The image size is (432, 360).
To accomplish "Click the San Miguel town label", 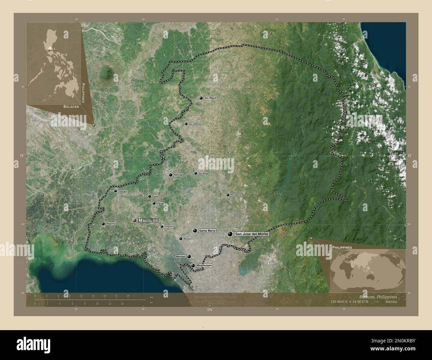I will [210, 98].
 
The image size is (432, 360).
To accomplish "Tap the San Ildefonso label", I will [195, 124].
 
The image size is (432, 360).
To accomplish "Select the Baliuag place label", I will [178, 175].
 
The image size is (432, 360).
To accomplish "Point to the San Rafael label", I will [203, 173].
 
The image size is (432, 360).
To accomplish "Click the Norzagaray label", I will [236, 195].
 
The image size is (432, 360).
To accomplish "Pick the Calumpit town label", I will [123, 191].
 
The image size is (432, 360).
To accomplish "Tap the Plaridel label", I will [161, 204].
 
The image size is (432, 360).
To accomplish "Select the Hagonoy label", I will [111, 224].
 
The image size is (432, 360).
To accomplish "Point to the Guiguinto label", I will [169, 226].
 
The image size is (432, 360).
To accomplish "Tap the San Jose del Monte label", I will [251, 234].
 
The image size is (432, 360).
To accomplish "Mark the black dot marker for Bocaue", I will [181, 238].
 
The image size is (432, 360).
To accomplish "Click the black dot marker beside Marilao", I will [189, 256].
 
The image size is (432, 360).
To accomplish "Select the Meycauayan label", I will [204, 266].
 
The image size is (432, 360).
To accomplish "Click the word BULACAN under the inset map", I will [71, 107].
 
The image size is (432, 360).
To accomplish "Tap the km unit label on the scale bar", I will [152, 297].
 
